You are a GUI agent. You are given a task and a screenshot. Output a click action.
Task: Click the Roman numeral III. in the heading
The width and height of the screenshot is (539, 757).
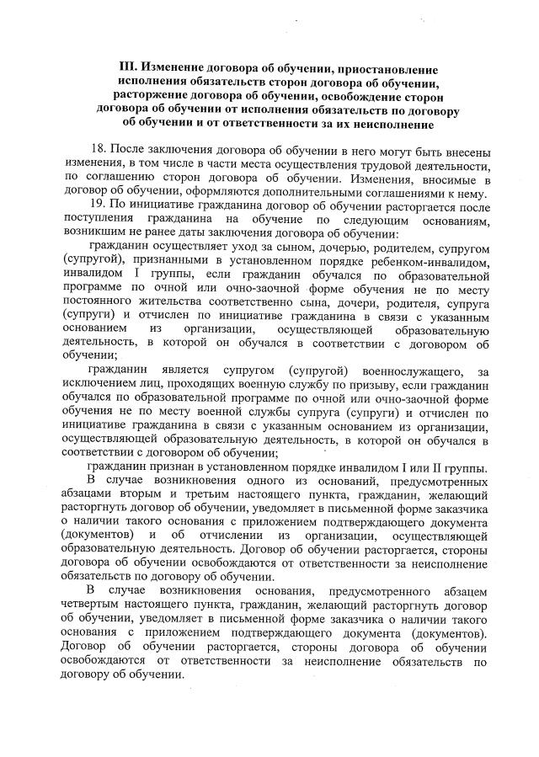tap(129, 67)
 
